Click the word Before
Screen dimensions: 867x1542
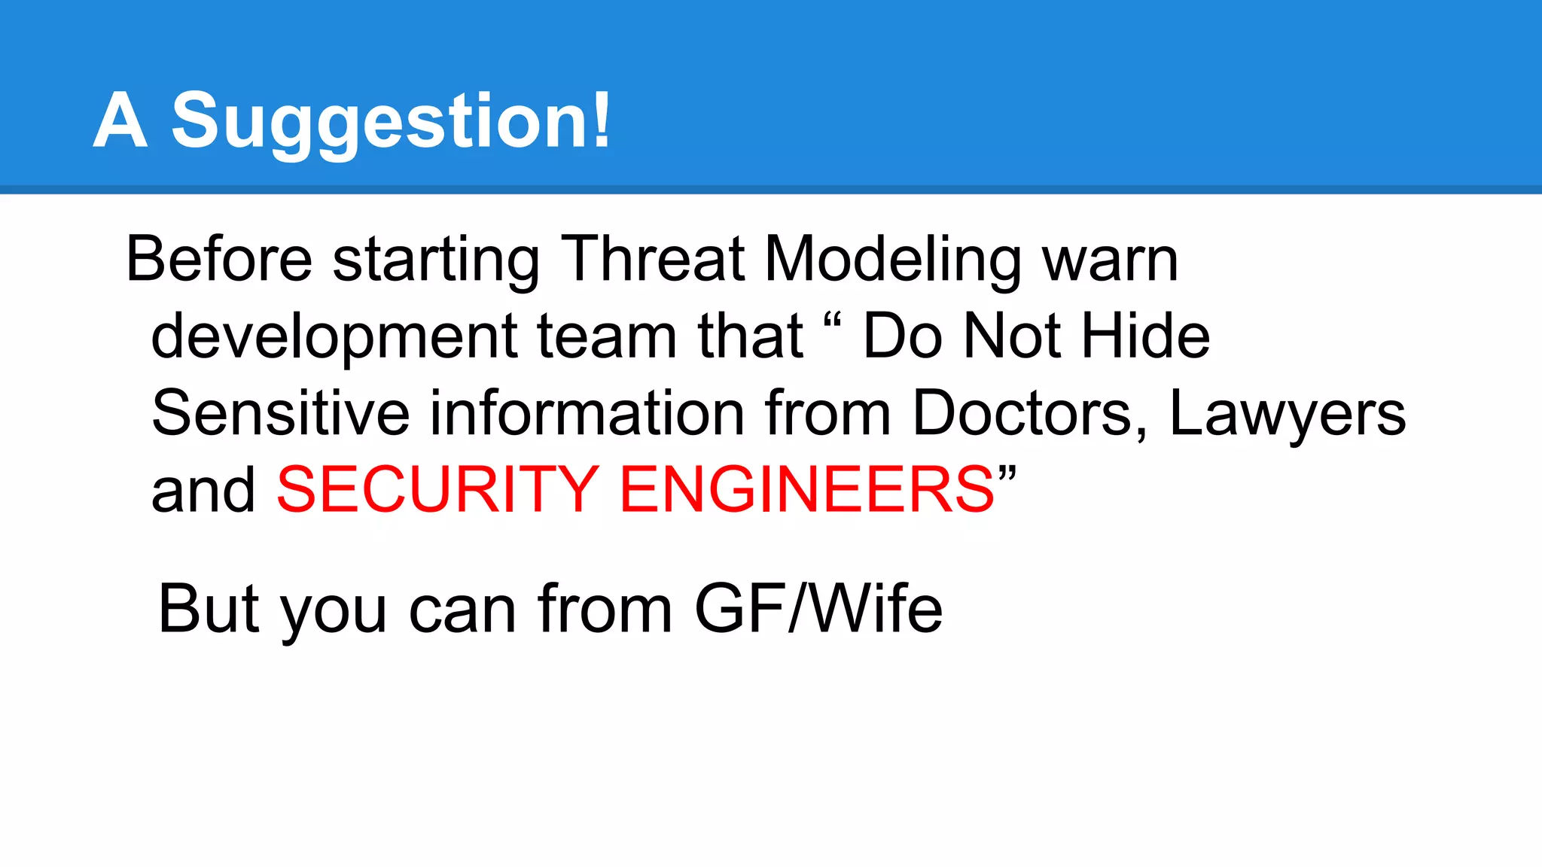[x=219, y=260]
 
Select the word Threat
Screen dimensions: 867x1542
[x=653, y=260]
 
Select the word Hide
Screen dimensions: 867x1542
[x=1145, y=336]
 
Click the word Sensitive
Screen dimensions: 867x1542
[x=280, y=413]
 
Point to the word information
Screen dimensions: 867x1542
[x=587, y=413]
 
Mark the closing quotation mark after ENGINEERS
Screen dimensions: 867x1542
[x=1007, y=475]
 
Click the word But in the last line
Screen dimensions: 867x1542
[x=209, y=609]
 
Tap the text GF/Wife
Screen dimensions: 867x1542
[x=818, y=609]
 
